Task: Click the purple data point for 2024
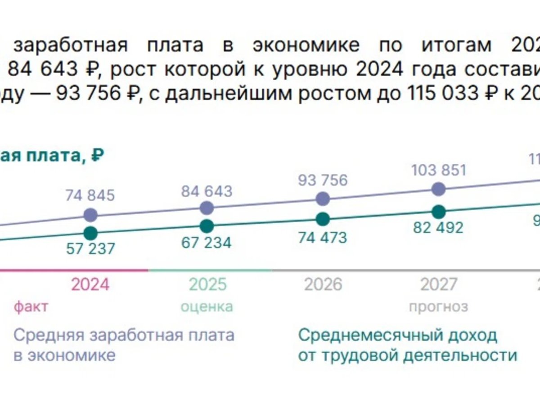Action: coord(90,215)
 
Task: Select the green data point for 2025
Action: coord(207,226)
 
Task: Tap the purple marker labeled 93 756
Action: coord(323,198)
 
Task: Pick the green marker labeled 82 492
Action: coord(438,211)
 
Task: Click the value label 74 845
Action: coord(90,195)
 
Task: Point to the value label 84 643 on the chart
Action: coord(207,191)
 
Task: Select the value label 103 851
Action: coord(438,171)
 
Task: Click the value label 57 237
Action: coord(90,248)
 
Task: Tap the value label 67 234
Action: coord(207,243)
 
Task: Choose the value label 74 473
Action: coord(323,237)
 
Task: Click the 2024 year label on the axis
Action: coord(90,284)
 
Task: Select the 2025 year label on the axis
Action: coord(207,284)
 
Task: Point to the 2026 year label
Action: coord(323,284)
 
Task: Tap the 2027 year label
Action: coord(439,284)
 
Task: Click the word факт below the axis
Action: coord(31,307)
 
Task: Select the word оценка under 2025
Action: coord(207,307)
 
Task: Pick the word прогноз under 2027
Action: coord(438,307)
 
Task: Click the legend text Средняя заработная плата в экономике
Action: coord(124,345)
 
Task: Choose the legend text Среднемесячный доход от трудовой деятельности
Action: coord(407,345)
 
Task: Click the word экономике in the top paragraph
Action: coord(306,45)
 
